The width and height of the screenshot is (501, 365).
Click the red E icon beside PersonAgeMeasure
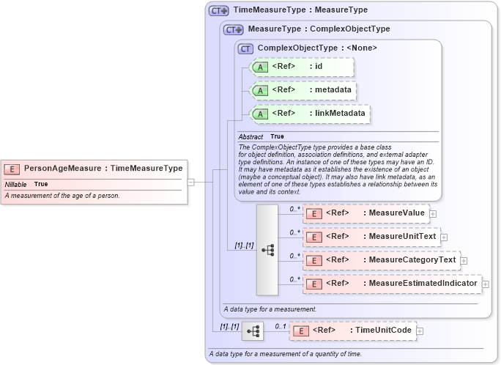coord(12,169)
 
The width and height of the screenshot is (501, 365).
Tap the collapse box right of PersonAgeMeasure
coord(190,182)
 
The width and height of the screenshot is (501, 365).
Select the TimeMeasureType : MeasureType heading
coord(300,10)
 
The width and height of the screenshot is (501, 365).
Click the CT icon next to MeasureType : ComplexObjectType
coord(233,29)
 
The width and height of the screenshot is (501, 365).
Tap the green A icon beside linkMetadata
coord(260,114)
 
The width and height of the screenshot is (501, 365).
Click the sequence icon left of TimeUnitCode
coord(253,331)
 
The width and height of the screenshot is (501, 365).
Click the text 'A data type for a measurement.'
coord(270,309)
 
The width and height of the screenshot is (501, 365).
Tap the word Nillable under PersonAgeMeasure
coord(16,184)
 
